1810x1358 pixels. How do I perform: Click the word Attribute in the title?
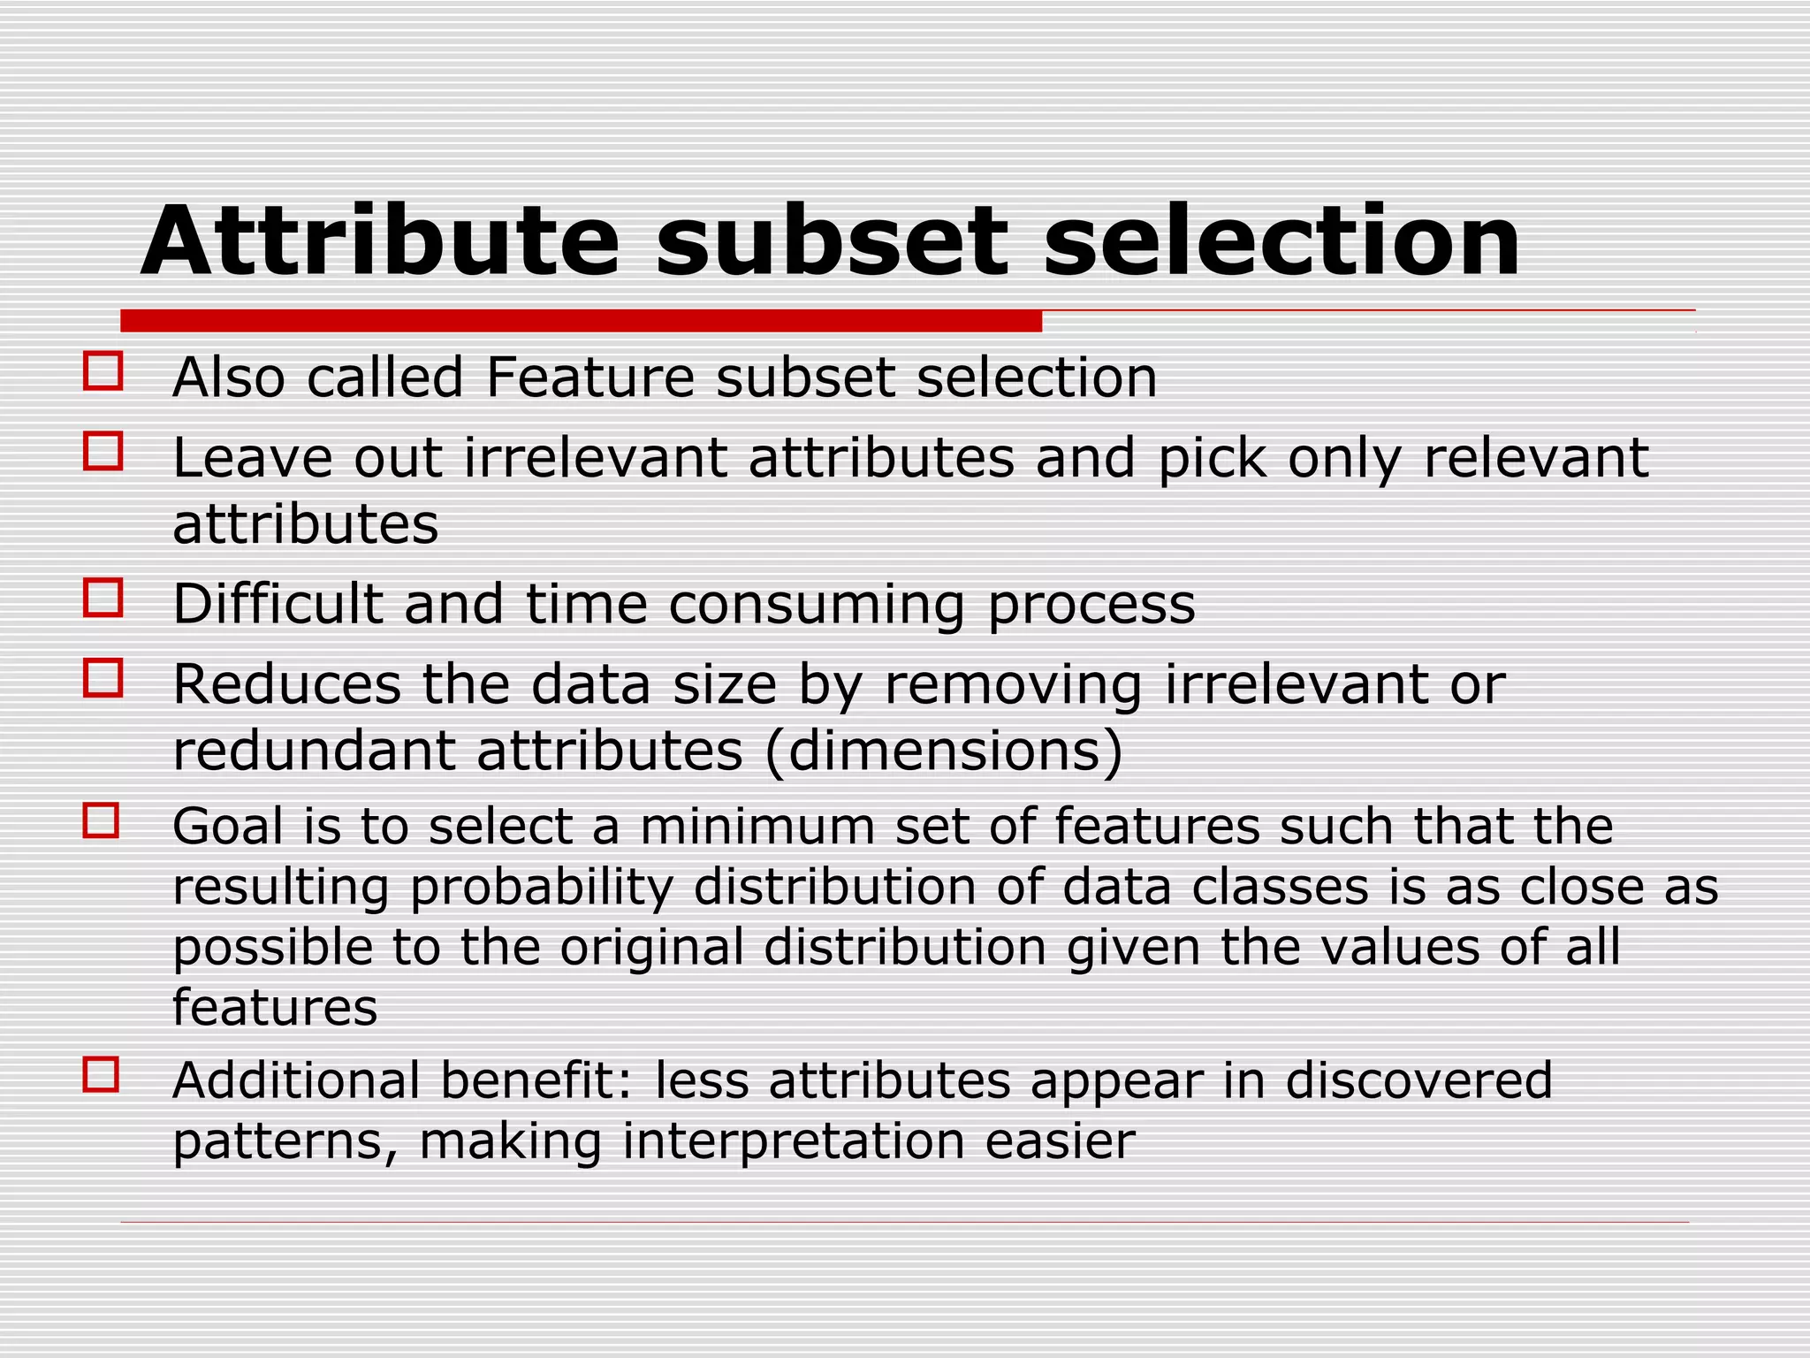pos(380,241)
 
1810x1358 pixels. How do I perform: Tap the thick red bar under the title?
pos(581,321)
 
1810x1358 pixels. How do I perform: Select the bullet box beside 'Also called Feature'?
pos(103,371)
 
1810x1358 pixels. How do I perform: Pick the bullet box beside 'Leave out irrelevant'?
pos(103,451)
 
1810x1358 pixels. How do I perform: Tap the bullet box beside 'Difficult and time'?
pos(103,598)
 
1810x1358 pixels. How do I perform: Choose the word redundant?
pos(314,751)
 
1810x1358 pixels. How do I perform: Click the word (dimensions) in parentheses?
pos(944,751)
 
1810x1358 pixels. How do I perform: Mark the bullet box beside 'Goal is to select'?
pos(102,820)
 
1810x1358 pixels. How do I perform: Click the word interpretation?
pos(793,1141)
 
